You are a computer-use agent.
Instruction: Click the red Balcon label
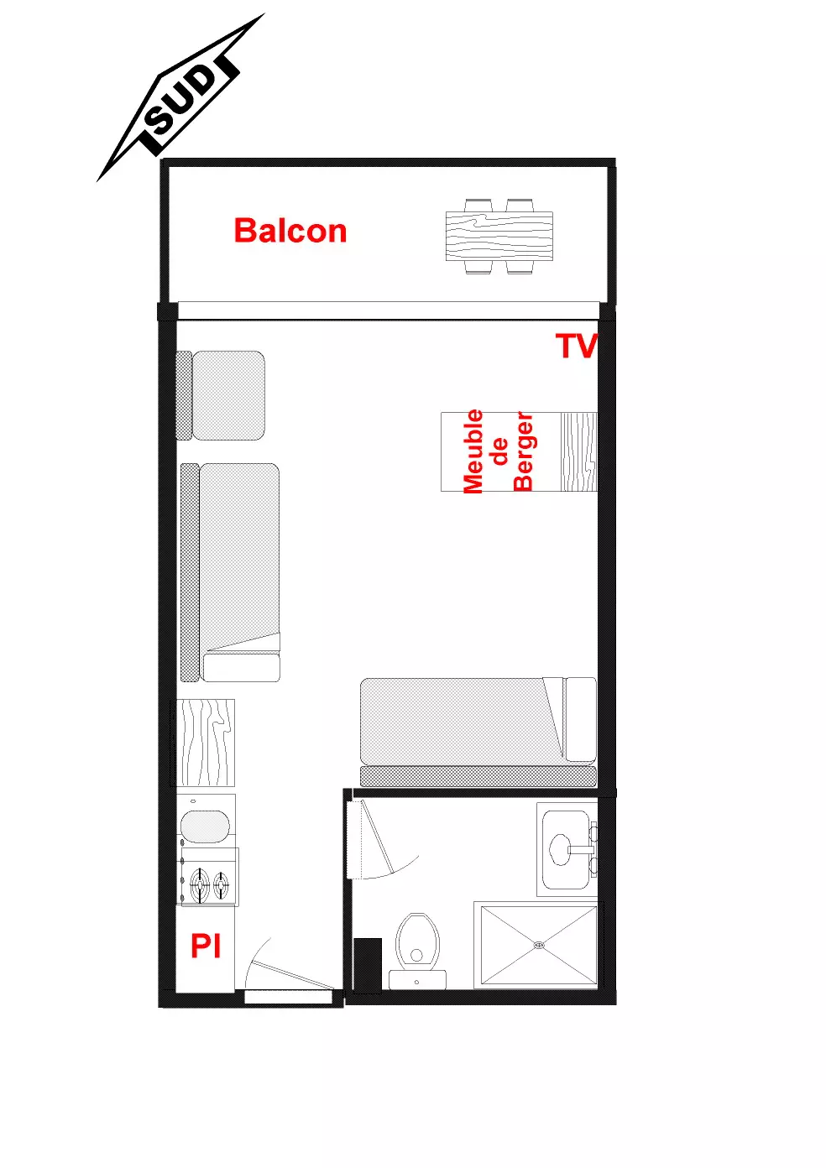(290, 231)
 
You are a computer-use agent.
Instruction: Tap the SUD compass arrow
(180, 98)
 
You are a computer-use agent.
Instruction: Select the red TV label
(577, 345)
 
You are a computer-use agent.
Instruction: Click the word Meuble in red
(473, 451)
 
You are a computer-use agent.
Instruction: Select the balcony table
(499, 237)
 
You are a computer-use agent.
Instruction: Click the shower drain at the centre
(539, 945)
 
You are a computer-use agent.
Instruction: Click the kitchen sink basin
(205, 827)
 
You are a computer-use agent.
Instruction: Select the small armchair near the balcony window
(220, 395)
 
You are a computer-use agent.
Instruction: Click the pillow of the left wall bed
(242, 667)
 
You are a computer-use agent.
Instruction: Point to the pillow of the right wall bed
(581, 719)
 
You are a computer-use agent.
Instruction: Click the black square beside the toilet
(368, 965)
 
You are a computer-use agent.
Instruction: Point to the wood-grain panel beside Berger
(578, 451)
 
